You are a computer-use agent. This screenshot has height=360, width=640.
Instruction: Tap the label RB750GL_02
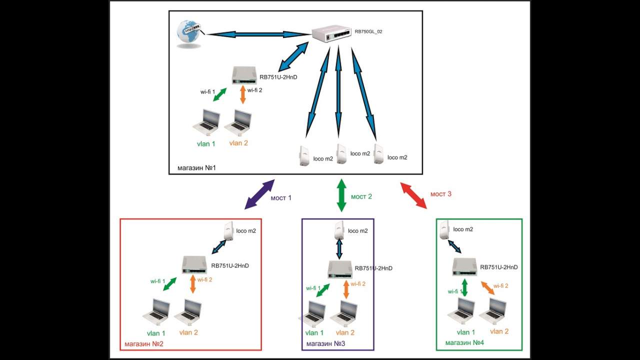[x=368, y=31]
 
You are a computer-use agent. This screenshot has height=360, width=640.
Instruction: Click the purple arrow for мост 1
[x=259, y=194]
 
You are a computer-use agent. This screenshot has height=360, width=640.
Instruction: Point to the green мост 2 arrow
[x=341, y=195]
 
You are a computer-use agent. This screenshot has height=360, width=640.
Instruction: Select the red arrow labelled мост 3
[x=413, y=195]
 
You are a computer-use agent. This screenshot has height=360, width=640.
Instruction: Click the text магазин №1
[x=196, y=167]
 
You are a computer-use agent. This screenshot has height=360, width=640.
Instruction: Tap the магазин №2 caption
[x=144, y=344]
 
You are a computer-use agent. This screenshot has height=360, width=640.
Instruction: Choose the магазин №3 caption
[x=325, y=344]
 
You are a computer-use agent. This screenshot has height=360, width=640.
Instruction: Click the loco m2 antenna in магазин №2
[x=229, y=230]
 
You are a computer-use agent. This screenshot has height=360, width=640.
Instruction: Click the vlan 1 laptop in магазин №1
[x=206, y=121]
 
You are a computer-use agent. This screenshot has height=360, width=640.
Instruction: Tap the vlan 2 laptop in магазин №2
[x=187, y=310]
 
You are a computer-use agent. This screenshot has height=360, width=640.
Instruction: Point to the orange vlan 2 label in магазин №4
[x=499, y=331]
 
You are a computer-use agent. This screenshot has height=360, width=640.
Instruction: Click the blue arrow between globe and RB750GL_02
[x=258, y=34]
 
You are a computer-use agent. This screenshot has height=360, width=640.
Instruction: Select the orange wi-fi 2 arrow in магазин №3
[x=346, y=289]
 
